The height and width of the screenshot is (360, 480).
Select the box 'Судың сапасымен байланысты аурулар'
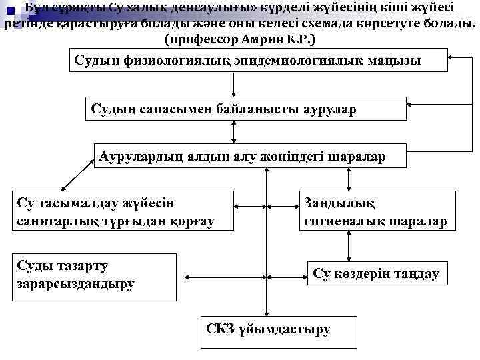click(246, 109)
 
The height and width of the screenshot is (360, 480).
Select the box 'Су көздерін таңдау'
click(376, 274)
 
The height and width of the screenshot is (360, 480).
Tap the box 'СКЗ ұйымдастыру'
click(278, 329)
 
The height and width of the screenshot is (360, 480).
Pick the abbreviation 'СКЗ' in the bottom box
click(221, 329)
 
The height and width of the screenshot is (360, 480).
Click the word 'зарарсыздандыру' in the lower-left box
click(74, 284)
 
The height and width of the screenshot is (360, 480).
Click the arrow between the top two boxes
click(233, 84)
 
